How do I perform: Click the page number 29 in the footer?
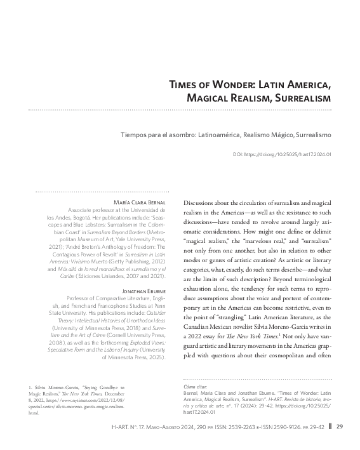[340, 425]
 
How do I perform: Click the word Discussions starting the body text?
[203, 202]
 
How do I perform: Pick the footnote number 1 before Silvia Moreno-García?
[31, 387]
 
